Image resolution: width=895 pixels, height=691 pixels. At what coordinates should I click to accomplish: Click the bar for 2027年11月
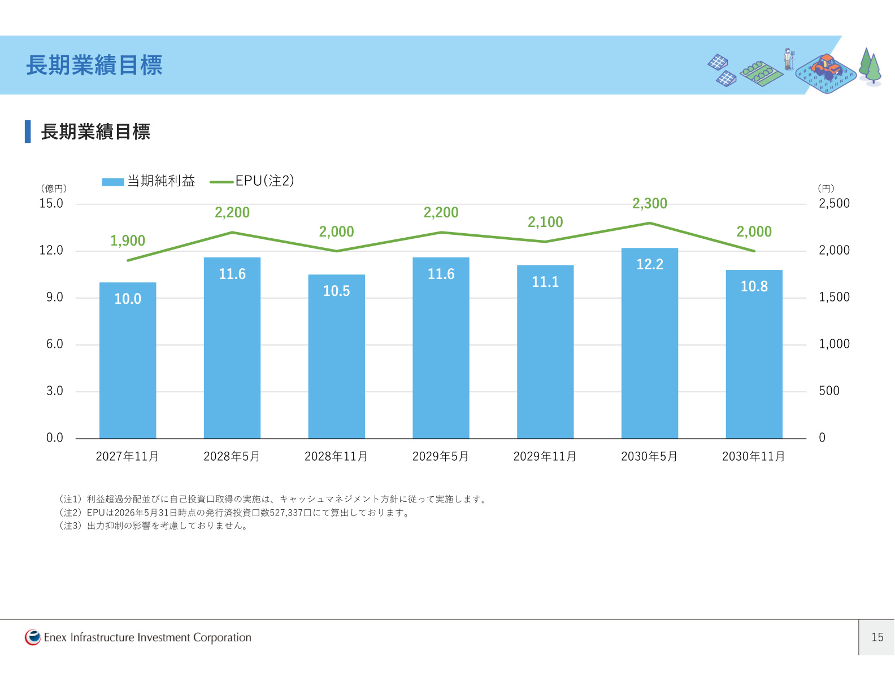(x=128, y=360)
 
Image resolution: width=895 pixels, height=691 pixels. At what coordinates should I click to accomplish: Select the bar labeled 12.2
(x=650, y=343)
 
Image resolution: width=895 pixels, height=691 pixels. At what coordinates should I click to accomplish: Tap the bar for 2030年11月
(x=754, y=354)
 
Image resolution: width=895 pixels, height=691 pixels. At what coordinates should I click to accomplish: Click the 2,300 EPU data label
(x=650, y=203)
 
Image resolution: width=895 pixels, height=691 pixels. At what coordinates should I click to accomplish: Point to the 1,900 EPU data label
(x=128, y=240)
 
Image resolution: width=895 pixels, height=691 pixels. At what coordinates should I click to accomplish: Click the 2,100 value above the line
(x=545, y=222)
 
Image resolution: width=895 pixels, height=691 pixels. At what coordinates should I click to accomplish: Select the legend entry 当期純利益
(x=148, y=181)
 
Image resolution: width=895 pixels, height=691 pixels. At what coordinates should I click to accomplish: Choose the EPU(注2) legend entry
(x=252, y=181)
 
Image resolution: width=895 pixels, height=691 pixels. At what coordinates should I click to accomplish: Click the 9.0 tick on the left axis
(x=55, y=297)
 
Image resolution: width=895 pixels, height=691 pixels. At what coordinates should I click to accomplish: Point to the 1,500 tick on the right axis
(x=834, y=297)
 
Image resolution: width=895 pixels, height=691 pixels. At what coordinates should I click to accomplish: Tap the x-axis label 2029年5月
(x=440, y=456)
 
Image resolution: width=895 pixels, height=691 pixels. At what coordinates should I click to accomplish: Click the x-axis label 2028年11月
(x=336, y=456)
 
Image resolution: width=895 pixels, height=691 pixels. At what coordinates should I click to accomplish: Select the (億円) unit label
(x=54, y=189)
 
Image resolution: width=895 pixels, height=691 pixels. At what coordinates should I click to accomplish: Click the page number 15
(x=877, y=637)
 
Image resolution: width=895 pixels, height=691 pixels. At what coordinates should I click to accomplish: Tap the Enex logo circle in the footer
(x=33, y=637)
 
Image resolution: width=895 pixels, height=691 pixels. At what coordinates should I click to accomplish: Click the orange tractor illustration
(x=827, y=65)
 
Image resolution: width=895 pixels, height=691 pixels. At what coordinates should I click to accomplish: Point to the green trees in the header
(x=870, y=67)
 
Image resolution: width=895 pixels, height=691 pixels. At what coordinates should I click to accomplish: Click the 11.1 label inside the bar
(x=545, y=282)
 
